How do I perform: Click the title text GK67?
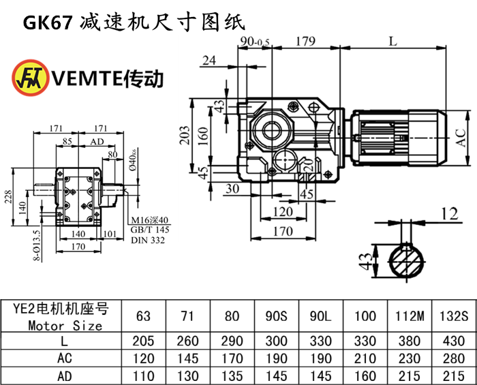[x=47, y=22]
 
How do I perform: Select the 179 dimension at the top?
[x=305, y=41]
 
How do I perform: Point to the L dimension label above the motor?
[x=393, y=41]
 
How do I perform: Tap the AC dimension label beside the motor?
[x=462, y=139]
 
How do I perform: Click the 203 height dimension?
[x=185, y=136]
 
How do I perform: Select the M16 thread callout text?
[x=149, y=220]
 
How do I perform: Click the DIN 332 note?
[x=148, y=239]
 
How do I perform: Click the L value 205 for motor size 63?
[x=143, y=341]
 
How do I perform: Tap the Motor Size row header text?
[x=65, y=326]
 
